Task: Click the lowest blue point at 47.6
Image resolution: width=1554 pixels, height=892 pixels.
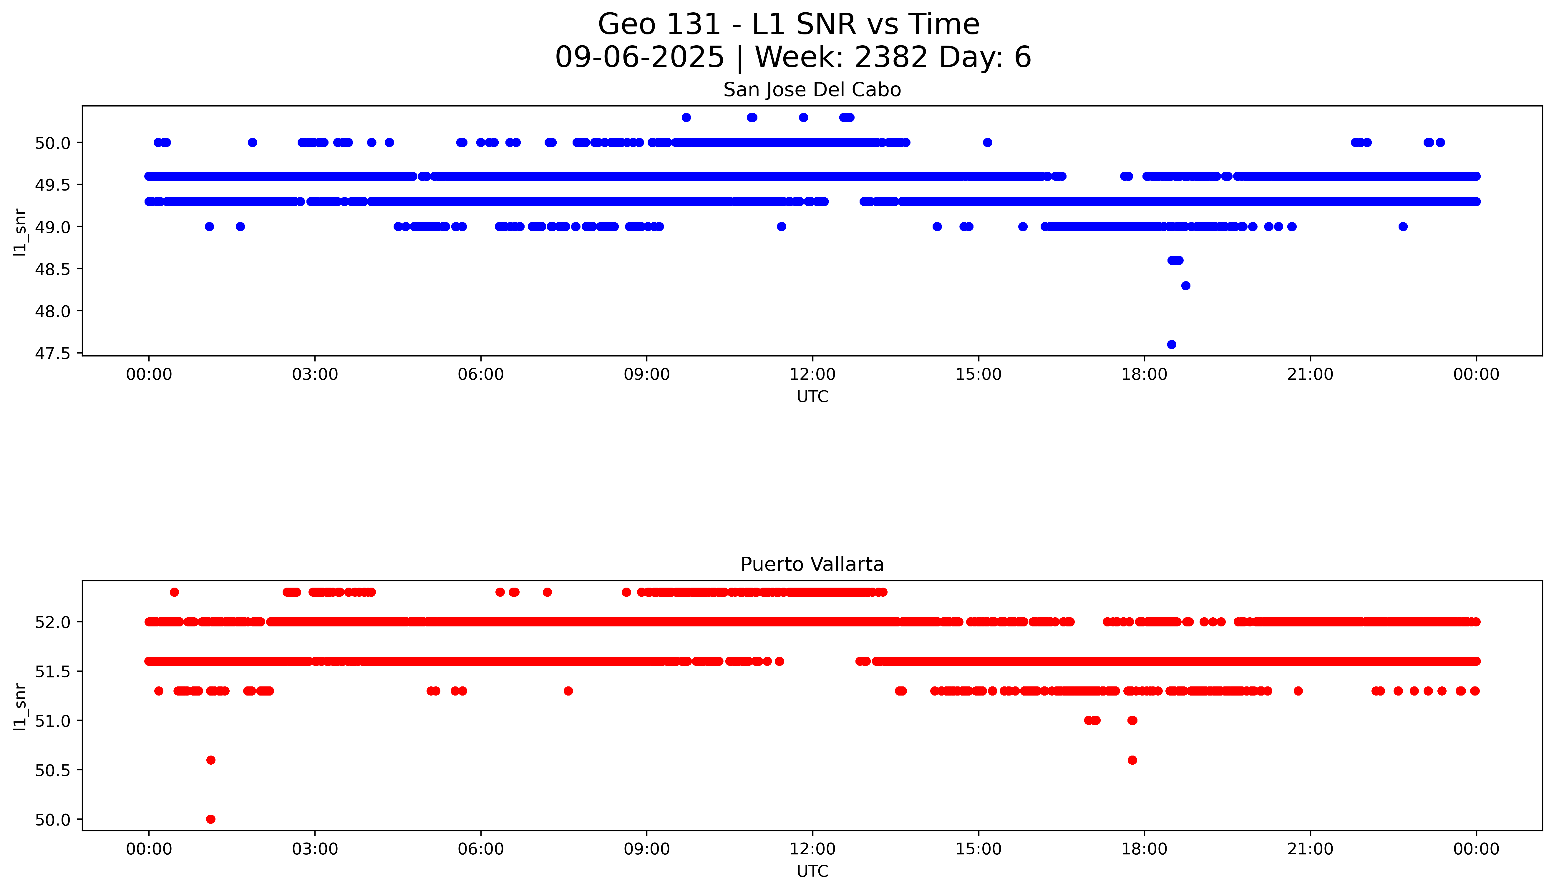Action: (x=1172, y=344)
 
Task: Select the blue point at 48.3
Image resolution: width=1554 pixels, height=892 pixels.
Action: (x=1185, y=286)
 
